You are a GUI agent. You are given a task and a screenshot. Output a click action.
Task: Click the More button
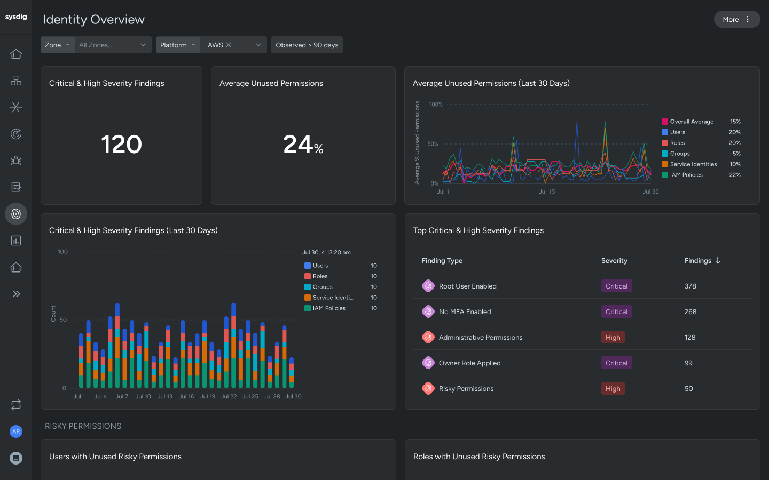coord(736,19)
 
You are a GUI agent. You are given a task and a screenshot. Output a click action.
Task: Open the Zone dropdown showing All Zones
coord(112,45)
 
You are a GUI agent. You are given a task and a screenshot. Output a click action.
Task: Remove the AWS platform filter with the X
coord(229,45)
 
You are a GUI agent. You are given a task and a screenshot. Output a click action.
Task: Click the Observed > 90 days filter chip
coord(307,45)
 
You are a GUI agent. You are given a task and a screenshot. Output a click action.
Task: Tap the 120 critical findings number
coord(121,145)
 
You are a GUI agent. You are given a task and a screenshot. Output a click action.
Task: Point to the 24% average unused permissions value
coord(303,145)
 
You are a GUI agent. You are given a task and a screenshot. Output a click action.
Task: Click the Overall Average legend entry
coord(691,122)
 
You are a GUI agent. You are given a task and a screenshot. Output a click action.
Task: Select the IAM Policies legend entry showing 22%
coord(686,175)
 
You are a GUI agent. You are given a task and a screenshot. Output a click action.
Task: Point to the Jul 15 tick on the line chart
coord(546,191)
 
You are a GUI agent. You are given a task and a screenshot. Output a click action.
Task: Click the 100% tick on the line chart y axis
coord(435,105)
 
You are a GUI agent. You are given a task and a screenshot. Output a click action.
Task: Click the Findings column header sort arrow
coord(718,260)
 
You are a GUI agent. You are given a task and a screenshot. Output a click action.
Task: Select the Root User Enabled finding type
coord(467,286)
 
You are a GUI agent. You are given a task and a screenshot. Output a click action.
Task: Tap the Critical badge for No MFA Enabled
coord(616,312)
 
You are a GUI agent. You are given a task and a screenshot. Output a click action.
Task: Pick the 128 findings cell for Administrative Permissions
coord(690,338)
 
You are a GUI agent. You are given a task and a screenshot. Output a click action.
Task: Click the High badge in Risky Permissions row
coord(613,389)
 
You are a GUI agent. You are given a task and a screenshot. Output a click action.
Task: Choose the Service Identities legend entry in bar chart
coord(332,298)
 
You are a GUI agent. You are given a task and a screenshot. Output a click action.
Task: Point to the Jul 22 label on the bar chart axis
coord(229,396)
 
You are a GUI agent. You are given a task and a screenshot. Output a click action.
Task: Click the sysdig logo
coord(16,17)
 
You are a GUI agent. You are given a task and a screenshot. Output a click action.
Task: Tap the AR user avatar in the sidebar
coord(16,431)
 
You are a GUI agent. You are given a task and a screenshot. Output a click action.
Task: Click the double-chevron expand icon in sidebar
coord(16,294)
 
